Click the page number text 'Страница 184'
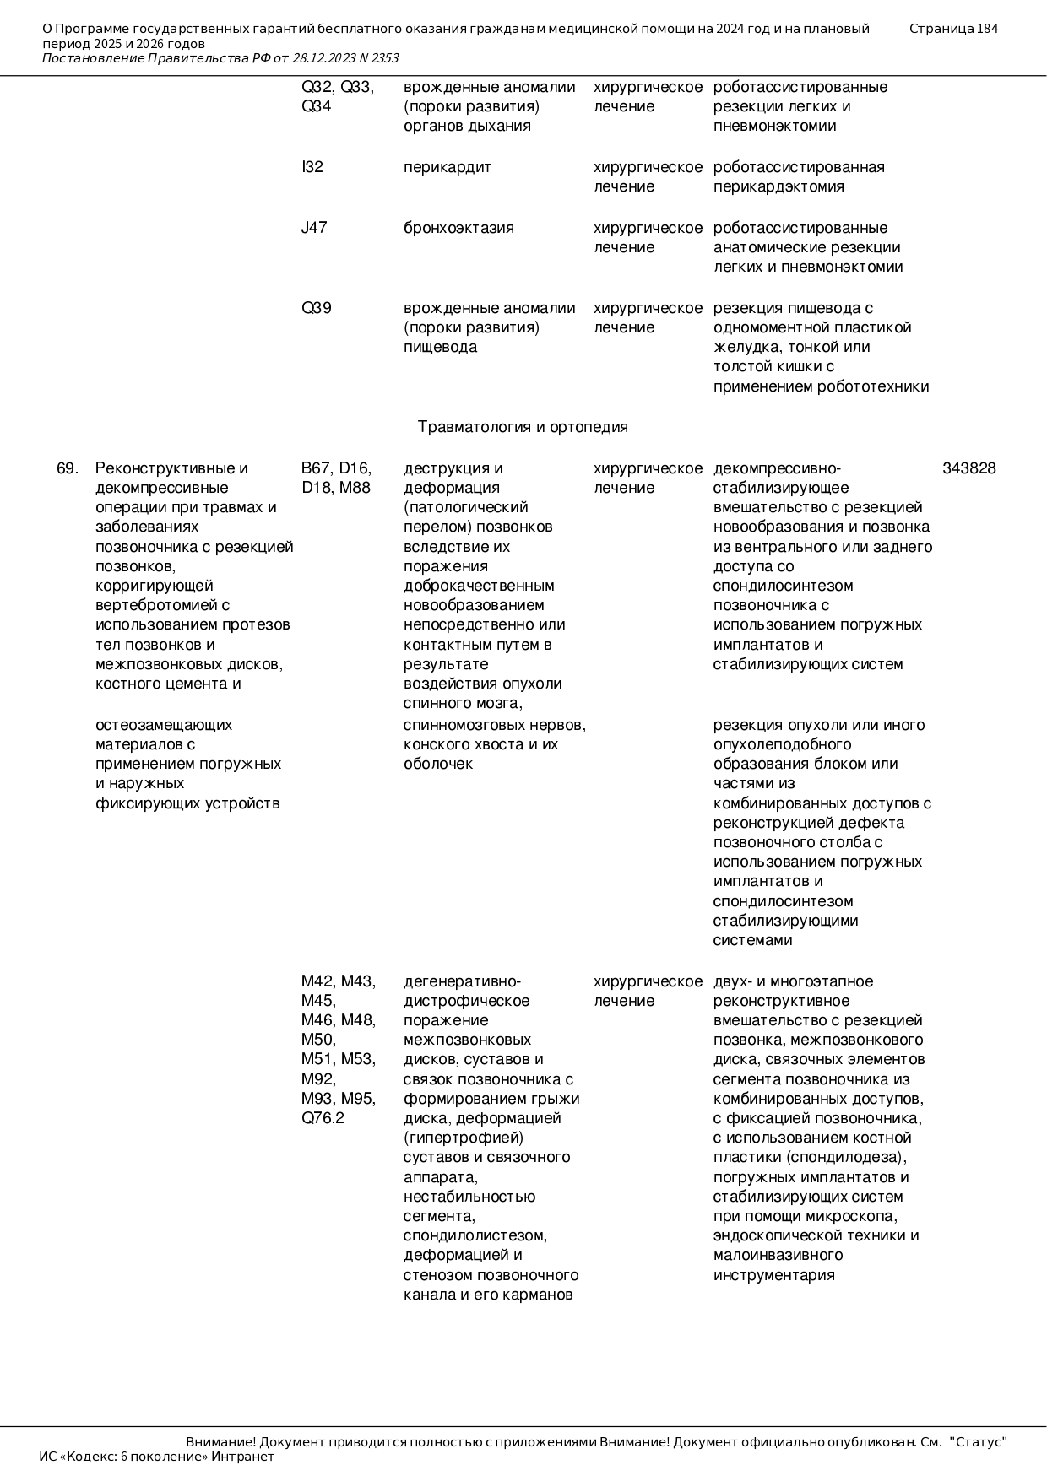click(953, 29)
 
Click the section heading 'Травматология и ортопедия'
click(523, 427)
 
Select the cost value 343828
click(968, 468)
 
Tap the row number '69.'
click(68, 468)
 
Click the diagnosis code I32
click(312, 167)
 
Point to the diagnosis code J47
click(314, 228)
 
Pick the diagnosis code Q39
click(317, 308)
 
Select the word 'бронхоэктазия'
click(458, 228)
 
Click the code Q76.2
click(323, 1118)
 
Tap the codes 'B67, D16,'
click(336, 468)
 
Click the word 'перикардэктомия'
click(778, 186)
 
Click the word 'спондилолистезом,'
click(475, 1235)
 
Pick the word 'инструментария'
click(773, 1275)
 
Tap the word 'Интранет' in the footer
click(242, 1457)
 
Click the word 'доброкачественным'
click(479, 586)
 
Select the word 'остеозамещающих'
click(164, 725)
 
